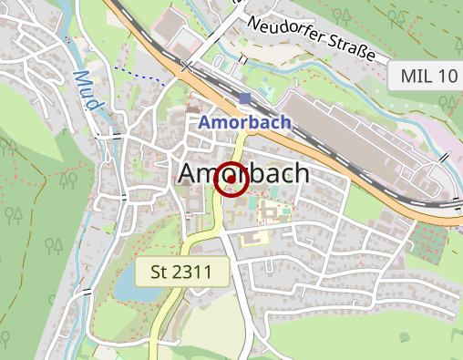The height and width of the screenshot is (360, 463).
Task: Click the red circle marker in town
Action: (x=231, y=179)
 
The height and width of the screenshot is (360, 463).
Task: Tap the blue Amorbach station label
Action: (x=244, y=122)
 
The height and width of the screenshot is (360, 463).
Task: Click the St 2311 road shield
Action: (x=181, y=272)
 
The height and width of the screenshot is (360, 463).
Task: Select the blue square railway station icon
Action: (x=245, y=98)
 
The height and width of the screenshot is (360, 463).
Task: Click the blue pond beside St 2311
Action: (x=127, y=287)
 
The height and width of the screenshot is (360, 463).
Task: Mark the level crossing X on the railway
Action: (x=187, y=67)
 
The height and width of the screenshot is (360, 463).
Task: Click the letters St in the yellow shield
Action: (x=159, y=272)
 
